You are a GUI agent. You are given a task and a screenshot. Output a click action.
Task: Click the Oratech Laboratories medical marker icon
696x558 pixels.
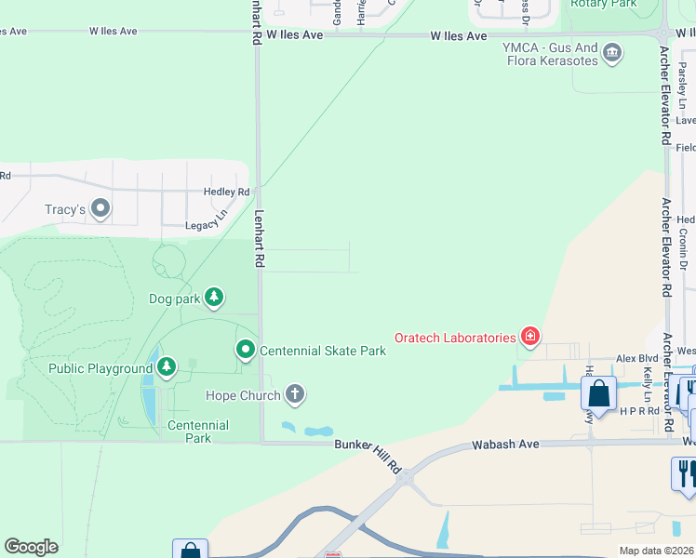pyautogui.click(x=530, y=337)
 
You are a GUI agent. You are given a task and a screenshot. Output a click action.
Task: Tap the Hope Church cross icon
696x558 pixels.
pyautogui.click(x=294, y=395)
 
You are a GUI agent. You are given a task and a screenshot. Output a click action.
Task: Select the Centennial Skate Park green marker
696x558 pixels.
pyautogui.click(x=246, y=350)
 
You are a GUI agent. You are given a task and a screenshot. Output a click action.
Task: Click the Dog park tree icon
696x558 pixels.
pyautogui.click(x=214, y=298)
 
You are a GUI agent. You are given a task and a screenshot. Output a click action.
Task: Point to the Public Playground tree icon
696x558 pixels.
pyautogui.click(x=167, y=367)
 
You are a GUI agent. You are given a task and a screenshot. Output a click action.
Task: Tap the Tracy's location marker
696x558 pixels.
pyautogui.click(x=100, y=209)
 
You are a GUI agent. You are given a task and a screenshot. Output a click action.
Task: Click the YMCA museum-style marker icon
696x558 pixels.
pyautogui.click(x=612, y=52)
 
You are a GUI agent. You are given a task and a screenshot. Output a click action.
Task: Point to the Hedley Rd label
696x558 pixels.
pyautogui.click(x=227, y=192)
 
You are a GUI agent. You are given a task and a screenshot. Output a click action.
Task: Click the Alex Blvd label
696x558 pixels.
pyautogui.click(x=636, y=358)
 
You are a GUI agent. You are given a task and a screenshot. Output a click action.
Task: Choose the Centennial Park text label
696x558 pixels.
pyautogui.click(x=197, y=432)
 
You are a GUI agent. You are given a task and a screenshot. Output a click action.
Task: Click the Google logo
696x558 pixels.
pyautogui.click(x=31, y=547)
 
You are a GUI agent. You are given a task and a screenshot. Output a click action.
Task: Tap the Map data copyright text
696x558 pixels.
pyautogui.click(x=656, y=551)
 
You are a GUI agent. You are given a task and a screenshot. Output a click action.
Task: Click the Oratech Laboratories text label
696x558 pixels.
pyautogui.click(x=455, y=338)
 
